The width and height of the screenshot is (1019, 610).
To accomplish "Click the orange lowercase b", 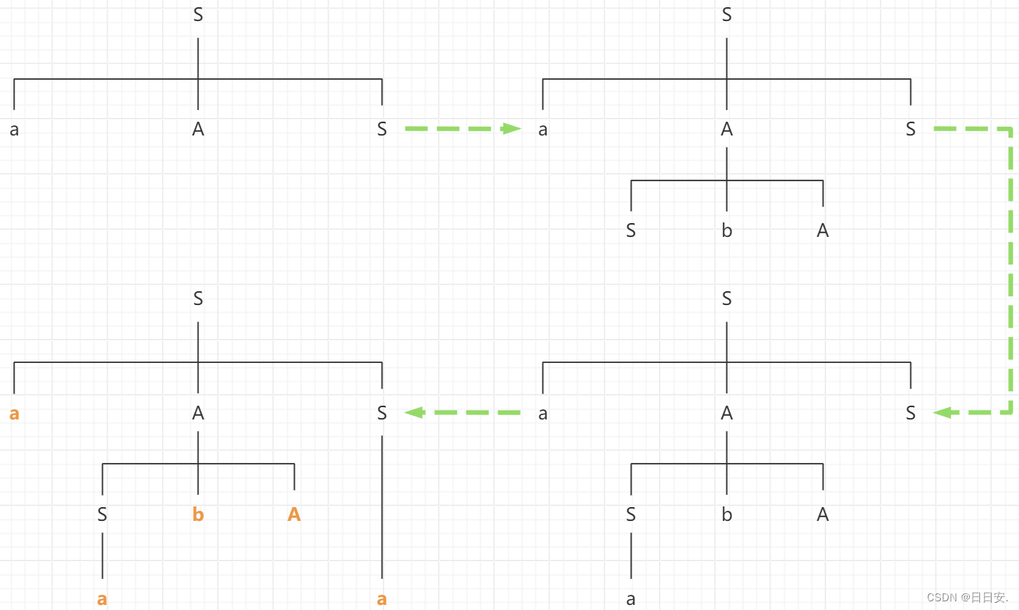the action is [198, 514].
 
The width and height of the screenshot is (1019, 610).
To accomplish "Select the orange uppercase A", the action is [294, 514].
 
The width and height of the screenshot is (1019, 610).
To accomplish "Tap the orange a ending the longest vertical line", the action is [382, 599].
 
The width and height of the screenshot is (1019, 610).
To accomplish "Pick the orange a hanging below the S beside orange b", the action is [102, 599].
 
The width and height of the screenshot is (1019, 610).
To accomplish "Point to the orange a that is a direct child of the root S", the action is [14, 414].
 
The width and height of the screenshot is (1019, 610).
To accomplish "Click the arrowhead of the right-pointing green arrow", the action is [512, 129].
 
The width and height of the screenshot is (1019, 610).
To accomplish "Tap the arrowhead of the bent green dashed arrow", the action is [942, 412].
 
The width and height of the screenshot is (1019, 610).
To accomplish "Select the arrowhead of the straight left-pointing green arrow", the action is [414, 412].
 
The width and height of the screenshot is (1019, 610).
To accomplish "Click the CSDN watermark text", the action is [967, 598].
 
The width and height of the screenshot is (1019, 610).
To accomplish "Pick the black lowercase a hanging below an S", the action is [631, 599].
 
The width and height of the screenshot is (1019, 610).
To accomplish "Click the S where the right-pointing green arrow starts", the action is [382, 130].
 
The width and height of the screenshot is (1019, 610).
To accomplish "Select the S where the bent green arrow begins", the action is [910, 130].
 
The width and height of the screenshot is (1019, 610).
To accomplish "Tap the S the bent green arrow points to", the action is [910, 413].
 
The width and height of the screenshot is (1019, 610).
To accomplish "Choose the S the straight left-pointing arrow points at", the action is [382, 413].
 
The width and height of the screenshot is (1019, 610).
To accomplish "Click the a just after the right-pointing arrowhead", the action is [543, 130].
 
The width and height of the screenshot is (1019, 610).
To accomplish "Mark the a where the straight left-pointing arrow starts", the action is [543, 414].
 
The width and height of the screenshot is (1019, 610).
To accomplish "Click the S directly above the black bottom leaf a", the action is [631, 514].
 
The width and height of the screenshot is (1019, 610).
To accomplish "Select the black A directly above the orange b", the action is [198, 413].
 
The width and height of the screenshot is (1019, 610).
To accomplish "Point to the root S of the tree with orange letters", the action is [198, 298].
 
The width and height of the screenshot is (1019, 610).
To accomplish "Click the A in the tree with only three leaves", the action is [198, 130].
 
